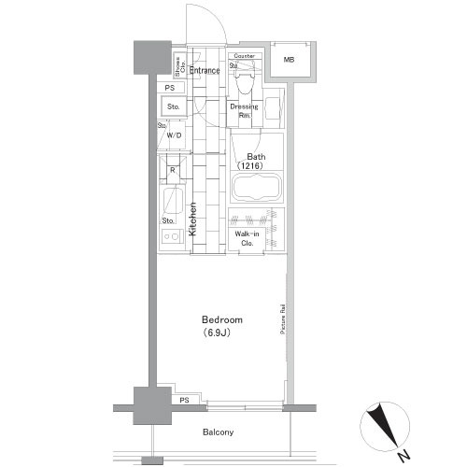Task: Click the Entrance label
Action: click(205, 70)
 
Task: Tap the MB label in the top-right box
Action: click(289, 62)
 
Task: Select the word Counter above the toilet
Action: click(245, 56)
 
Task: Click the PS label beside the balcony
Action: click(183, 400)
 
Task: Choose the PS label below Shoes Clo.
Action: click(169, 88)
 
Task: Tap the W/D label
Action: click(173, 135)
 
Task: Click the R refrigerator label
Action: click(173, 170)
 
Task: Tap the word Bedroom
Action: click(222, 319)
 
